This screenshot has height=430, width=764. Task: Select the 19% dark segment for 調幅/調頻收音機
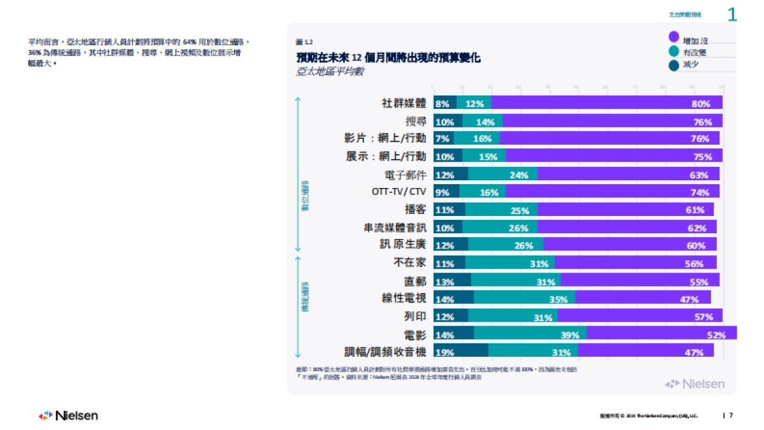point(460,351)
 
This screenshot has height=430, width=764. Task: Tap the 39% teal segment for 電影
point(530,333)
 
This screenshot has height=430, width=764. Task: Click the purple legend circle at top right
point(674,38)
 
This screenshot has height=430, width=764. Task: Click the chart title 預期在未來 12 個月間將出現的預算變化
point(388,58)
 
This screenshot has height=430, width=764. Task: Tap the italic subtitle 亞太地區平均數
point(330,72)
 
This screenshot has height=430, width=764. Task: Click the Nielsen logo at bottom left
point(68,415)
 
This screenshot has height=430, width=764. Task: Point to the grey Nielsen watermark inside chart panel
point(695,383)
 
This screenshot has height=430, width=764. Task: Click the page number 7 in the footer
point(731,415)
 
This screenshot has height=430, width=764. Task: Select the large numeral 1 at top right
point(732,14)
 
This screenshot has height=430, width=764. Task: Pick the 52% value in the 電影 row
point(716,334)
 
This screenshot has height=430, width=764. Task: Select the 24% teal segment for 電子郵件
point(503,174)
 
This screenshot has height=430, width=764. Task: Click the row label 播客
point(416,210)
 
